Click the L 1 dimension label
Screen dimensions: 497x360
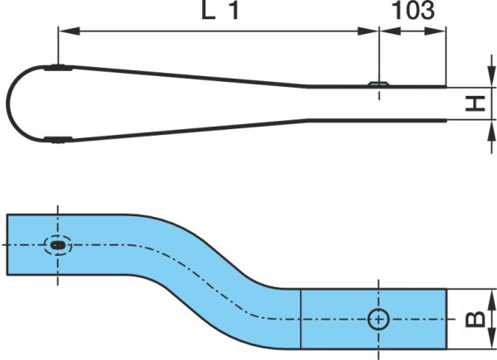pyautogui.click(x=220, y=11)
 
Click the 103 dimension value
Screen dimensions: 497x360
pyautogui.click(x=413, y=11)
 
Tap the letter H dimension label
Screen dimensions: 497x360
pyautogui.click(x=475, y=103)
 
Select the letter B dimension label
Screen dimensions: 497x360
pyautogui.click(x=475, y=319)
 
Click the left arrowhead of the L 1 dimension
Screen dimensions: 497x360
pyautogui.click(x=69, y=31)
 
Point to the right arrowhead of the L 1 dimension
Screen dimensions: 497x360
pyautogui.click(x=369, y=31)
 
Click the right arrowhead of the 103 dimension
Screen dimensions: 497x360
pyautogui.click(x=435, y=31)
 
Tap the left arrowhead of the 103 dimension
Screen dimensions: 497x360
pyautogui.click(x=390, y=31)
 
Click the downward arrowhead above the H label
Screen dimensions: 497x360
pyautogui.click(x=491, y=76)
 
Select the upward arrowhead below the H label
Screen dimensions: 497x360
pyautogui.click(x=491, y=131)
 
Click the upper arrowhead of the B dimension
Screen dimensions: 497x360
pyautogui.click(x=491, y=300)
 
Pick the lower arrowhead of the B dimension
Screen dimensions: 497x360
pyautogui.click(x=491, y=338)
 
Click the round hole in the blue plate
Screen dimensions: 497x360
pyautogui.click(x=379, y=319)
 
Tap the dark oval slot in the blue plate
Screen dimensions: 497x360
pyautogui.click(x=58, y=245)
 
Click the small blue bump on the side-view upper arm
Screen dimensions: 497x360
pyautogui.click(x=379, y=84)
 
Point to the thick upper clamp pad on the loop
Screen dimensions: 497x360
pyautogui.click(x=58, y=68)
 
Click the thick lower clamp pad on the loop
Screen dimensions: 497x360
pyautogui.click(x=58, y=140)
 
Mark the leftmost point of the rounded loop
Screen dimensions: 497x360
pyautogui.click(x=7, y=103)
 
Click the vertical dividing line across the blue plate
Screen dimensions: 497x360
pyautogui.click(x=301, y=319)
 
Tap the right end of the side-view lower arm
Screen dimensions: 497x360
pyautogui.click(x=446, y=120)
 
